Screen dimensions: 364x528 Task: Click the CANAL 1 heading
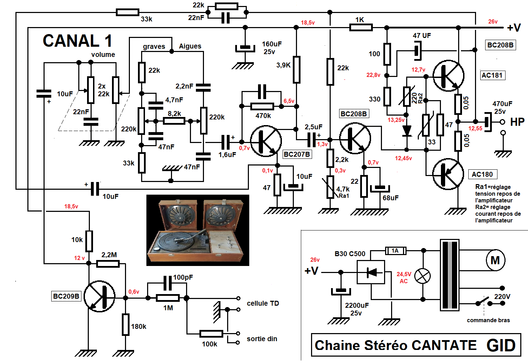point(78,41)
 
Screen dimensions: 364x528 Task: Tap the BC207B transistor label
point(297,154)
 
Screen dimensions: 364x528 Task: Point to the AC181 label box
point(492,75)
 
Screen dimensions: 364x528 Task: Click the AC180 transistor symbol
point(448,174)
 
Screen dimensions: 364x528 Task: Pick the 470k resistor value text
point(263,116)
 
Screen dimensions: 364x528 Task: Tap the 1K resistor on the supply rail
point(361,27)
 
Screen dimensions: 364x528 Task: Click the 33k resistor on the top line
point(127,13)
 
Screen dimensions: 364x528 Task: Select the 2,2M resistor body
point(108,264)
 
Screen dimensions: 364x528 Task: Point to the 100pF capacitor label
point(183,277)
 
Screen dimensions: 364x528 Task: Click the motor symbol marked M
point(495,260)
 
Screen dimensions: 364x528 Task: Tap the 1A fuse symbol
point(396,251)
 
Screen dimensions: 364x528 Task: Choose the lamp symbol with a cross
point(423,276)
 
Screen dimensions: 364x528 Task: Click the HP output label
point(517,122)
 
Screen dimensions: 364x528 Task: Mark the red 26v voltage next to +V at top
point(493,22)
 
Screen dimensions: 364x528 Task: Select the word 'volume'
point(103,54)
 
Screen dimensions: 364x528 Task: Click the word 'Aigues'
point(190,46)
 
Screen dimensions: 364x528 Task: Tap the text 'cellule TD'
point(263,303)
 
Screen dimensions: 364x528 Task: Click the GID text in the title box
point(501,345)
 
